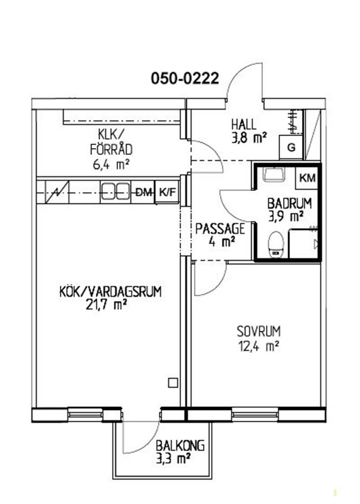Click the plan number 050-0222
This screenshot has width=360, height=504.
(x=185, y=78)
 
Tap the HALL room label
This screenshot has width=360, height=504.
(x=244, y=124)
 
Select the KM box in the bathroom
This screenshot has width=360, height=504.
(x=307, y=178)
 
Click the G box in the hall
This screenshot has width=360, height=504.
(x=291, y=147)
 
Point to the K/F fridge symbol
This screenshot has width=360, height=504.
(x=167, y=192)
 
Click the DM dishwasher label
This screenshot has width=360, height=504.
(x=143, y=193)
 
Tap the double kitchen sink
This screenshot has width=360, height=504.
(x=115, y=192)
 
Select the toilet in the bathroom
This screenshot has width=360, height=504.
(x=276, y=244)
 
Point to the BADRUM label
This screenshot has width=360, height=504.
(x=289, y=203)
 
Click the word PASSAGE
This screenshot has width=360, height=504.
(x=220, y=229)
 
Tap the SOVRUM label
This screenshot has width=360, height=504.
(x=258, y=331)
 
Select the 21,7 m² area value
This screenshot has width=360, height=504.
(x=105, y=304)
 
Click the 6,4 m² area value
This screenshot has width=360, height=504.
(x=111, y=165)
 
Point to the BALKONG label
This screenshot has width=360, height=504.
(x=180, y=446)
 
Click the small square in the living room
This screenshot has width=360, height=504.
(x=173, y=383)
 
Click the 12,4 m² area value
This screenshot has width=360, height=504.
(x=258, y=346)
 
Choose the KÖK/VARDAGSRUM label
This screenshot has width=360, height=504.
(x=110, y=292)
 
